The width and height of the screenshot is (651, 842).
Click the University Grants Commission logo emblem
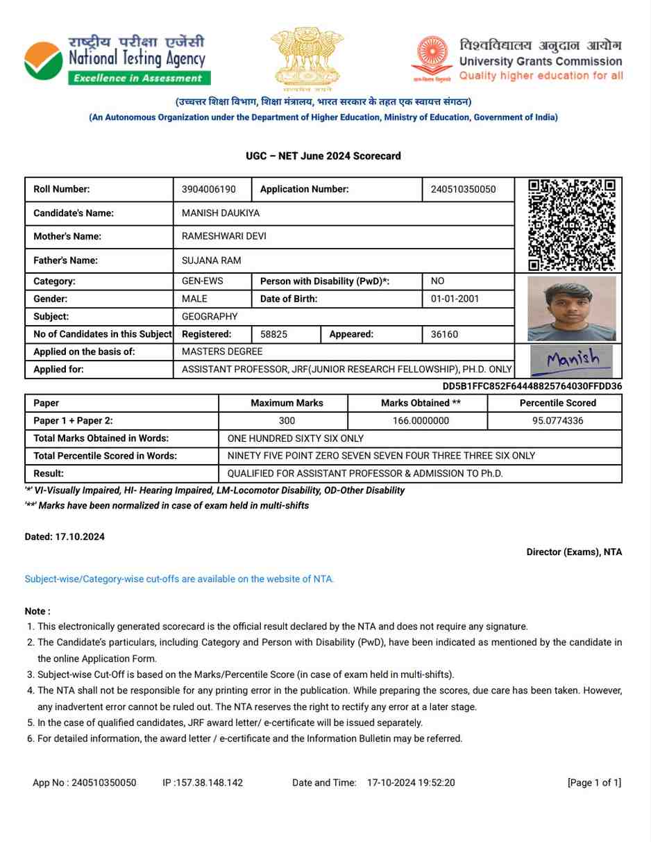click(x=432, y=58)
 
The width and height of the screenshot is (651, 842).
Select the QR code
click(x=571, y=224)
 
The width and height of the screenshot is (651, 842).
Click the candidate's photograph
click(x=571, y=308)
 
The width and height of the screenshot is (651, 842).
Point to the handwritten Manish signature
click(x=572, y=361)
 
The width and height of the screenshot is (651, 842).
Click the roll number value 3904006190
click(x=208, y=190)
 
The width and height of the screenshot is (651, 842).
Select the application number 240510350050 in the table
click(x=463, y=190)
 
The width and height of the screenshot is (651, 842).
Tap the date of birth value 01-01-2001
click(x=455, y=299)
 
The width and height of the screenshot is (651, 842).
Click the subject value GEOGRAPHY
click(x=210, y=317)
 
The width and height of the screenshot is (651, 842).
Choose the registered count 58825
click(x=273, y=334)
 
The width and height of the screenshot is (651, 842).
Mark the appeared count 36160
click(x=444, y=334)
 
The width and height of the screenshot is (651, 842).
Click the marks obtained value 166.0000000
click(x=417, y=421)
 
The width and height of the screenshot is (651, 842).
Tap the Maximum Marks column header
click(x=287, y=403)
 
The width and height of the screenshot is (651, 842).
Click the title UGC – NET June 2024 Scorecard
click(x=323, y=156)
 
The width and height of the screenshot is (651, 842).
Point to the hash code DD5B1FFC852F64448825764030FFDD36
click(x=532, y=386)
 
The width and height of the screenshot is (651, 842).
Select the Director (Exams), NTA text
click(x=574, y=552)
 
